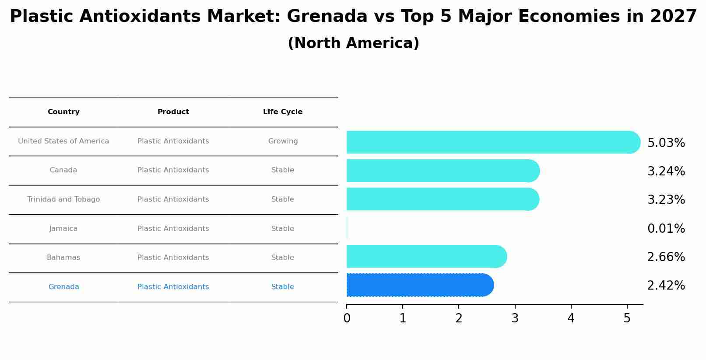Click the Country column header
[63, 112]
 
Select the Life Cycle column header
[283, 112]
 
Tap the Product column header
[173, 112]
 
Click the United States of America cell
[63, 141]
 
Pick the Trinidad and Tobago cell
[63, 199]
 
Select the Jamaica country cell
[63, 229]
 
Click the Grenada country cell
[63, 287]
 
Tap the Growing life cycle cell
[283, 141]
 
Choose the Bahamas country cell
[63, 258]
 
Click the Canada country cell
[63, 170]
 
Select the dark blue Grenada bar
[419, 285]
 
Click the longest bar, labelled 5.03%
[492, 142]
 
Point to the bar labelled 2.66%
[426, 256]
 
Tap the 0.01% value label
[666, 229]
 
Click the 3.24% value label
[666, 171]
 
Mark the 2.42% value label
[666, 286]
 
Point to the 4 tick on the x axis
[571, 318]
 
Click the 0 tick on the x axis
[347, 318]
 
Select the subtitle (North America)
[353, 43]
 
